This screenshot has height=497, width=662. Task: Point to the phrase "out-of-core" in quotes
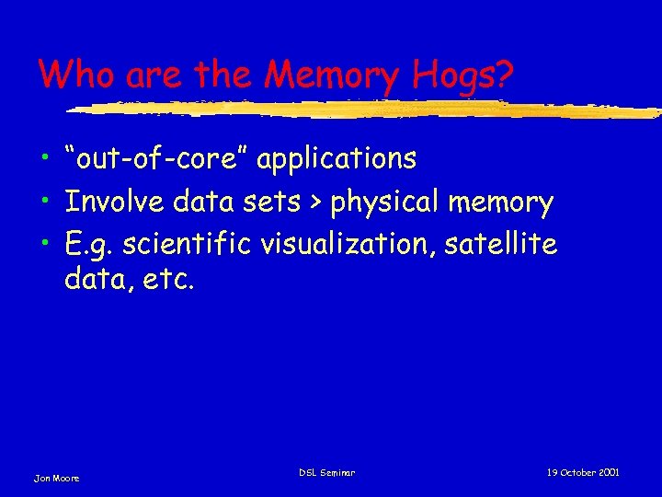coord(156,159)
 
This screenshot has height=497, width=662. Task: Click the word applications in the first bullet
coord(337,160)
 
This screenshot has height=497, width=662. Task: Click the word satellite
coord(509,244)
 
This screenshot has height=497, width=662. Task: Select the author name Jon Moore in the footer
coord(57,478)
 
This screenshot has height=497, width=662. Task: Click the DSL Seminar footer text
coord(327,472)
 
